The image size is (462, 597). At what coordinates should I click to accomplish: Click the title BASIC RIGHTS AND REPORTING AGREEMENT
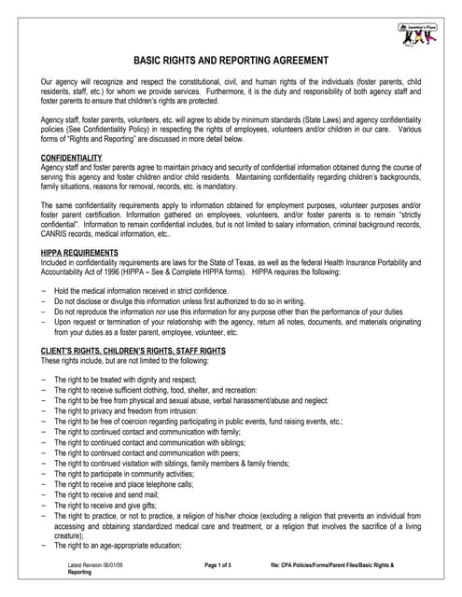click(x=231, y=60)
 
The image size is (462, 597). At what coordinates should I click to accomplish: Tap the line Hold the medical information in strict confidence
click(x=154, y=292)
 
